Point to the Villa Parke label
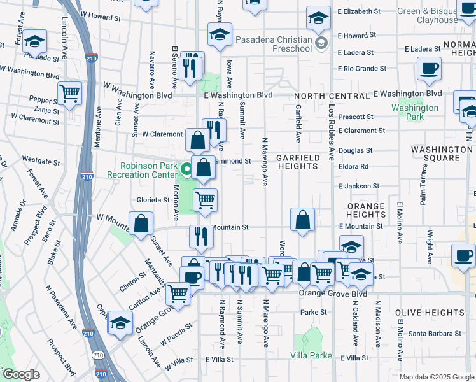[312, 355]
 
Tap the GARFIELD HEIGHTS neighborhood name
[297, 162]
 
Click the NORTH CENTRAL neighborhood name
[332, 96]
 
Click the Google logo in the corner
[20, 374]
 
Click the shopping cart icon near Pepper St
[70, 94]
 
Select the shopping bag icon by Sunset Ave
[141, 223]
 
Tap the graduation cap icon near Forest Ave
[35, 41]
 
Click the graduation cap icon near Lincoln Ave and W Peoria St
[120, 322]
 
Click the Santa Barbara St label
[434, 334]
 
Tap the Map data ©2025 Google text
[437, 377]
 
